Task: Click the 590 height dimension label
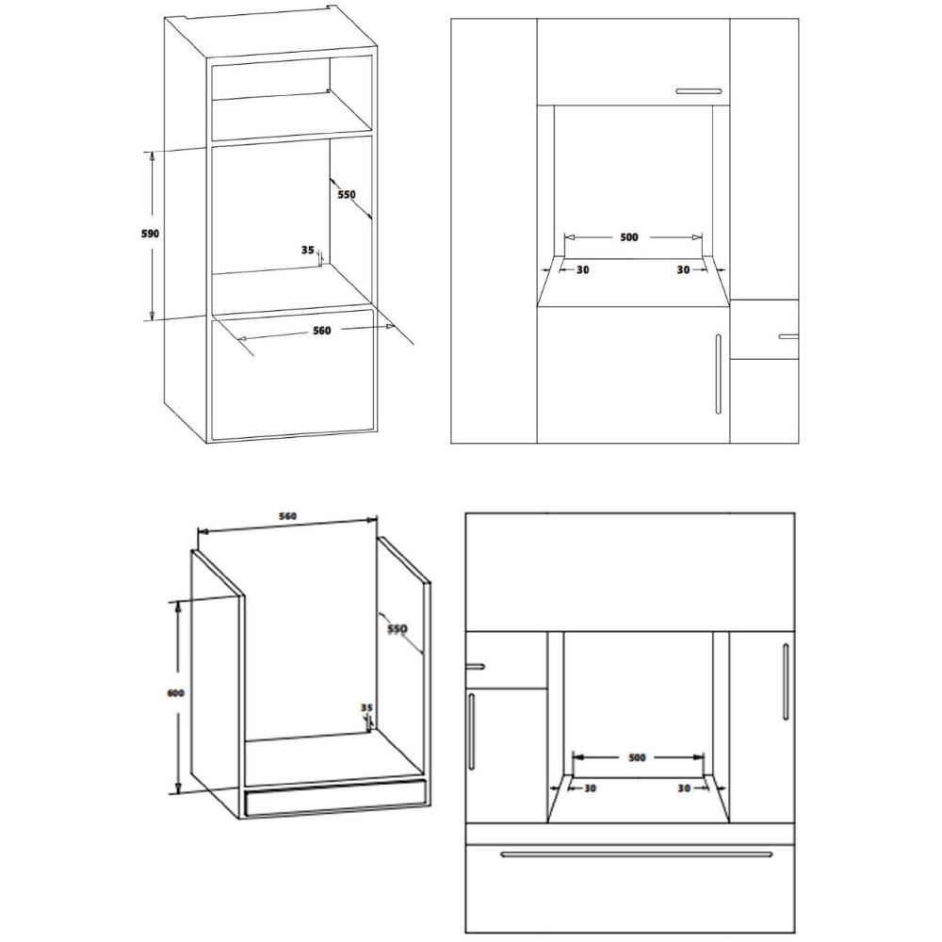click(150, 233)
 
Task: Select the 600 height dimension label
click(175, 692)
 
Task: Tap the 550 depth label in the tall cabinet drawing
click(346, 194)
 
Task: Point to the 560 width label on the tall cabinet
click(322, 330)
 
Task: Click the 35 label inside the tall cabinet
click(308, 250)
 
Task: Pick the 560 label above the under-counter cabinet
click(287, 516)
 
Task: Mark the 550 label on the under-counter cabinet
click(398, 628)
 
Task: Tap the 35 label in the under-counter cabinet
click(366, 707)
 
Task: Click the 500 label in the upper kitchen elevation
click(629, 237)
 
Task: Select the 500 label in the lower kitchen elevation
click(637, 757)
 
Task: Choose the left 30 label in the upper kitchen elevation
click(583, 269)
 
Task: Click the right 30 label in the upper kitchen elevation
click(683, 269)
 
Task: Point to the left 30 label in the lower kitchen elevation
click(590, 788)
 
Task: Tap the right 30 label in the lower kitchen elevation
click(684, 788)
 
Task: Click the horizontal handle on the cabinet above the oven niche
click(699, 91)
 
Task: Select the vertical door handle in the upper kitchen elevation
click(718, 374)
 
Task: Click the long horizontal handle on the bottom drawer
click(636, 854)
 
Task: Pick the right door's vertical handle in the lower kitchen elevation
click(786, 682)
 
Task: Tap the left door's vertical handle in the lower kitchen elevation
click(471, 731)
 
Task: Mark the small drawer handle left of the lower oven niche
click(475, 666)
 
